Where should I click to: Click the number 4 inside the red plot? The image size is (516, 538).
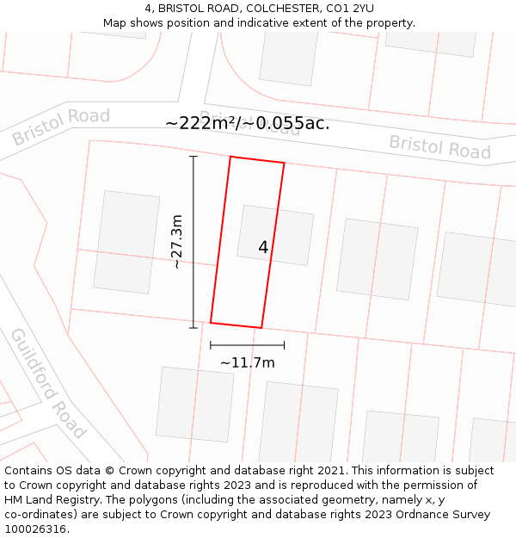click(263, 248)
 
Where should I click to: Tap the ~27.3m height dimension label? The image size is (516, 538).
click(177, 242)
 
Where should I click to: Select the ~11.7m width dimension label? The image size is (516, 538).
click(248, 362)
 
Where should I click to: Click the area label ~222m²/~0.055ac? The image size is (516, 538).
click(247, 123)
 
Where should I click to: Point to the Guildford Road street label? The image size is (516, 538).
click(48, 382)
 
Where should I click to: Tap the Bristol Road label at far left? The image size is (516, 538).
click(61, 127)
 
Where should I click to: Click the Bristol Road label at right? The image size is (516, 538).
click(439, 146)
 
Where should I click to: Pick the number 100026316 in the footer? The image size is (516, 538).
click(36, 529)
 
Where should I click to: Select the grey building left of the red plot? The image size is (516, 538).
click(126, 242)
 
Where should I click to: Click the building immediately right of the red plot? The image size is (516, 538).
click(377, 259)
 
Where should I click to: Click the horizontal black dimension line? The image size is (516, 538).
click(247, 345)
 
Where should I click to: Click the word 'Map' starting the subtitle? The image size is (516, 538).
click(115, 23)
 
